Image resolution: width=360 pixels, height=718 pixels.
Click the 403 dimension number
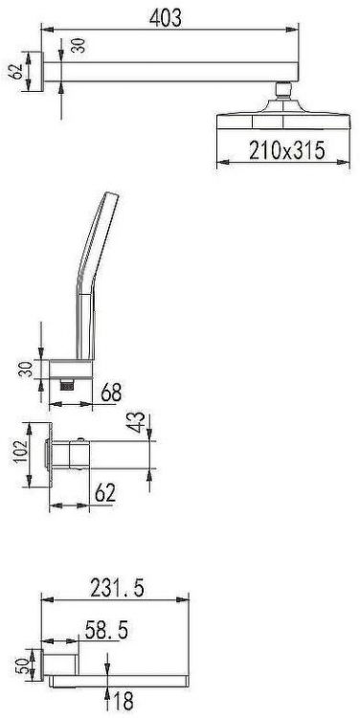tap(166, 18)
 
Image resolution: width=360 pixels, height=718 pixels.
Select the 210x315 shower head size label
tap(287, 150)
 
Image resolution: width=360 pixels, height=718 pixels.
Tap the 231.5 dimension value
tap(117, 588)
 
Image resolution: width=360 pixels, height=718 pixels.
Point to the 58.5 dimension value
tap(106, 631)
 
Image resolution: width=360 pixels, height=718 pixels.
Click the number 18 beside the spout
tap(123, 701)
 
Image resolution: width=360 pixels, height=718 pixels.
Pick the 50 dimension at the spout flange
tap(22, 663)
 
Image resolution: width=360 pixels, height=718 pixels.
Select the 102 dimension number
tap(20, 452)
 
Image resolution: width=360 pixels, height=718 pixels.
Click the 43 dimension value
tap(138, 421)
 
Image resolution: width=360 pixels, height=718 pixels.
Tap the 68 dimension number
tap(111, 392)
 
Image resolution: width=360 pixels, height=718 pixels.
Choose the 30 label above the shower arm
tap(79, 46)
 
